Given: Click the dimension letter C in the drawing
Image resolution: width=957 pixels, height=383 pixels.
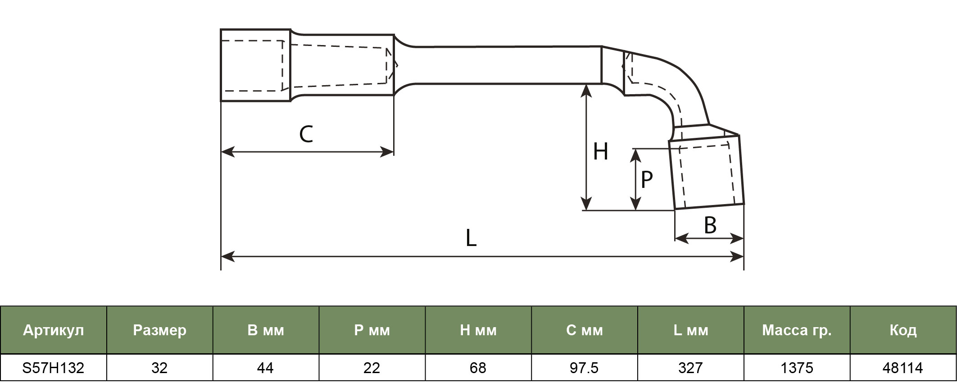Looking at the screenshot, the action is [306, 134].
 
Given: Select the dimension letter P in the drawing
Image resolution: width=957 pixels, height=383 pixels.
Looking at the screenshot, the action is [647, 179].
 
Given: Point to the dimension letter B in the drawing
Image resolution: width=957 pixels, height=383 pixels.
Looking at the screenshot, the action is [710, 225].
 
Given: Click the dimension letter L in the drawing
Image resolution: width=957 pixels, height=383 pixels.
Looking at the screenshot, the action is [471, 238].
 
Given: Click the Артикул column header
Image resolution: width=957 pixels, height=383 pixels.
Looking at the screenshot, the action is [54, 330].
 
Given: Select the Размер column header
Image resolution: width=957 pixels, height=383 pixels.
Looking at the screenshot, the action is [160, 330].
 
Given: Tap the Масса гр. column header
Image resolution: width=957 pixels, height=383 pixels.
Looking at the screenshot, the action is [797, 330].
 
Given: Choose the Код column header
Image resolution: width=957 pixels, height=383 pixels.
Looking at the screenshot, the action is [903, 330].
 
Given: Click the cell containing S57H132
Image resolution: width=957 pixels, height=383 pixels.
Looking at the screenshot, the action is [54, 368].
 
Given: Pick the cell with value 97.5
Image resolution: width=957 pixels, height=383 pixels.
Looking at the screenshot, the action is [585, 368].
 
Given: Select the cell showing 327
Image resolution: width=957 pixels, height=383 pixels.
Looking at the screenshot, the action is [691, 368].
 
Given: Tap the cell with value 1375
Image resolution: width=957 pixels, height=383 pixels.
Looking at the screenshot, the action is [797, 368].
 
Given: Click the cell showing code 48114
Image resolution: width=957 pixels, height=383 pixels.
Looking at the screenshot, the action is [903, 368].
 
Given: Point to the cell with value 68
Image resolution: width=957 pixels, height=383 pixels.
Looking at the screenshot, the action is [478, 368].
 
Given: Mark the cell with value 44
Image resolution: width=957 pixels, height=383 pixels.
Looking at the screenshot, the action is [266, 368].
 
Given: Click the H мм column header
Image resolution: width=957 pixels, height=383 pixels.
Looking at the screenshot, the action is [478, 330].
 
